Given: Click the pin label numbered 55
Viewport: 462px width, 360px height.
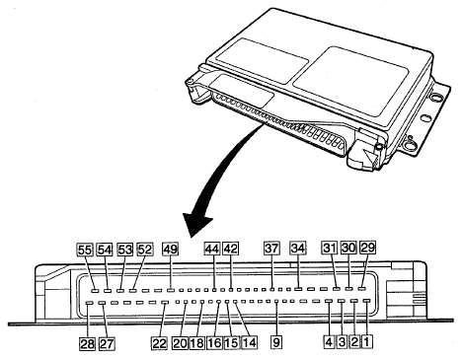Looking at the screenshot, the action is coord(85,250).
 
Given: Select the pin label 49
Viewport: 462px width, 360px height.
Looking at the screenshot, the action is coord(171,250).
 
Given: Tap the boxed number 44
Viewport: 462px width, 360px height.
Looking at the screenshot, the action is coord(212,249).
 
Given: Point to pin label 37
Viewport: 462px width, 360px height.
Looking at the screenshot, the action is coord(271,249).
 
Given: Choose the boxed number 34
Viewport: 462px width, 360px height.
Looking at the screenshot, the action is coord(297,249).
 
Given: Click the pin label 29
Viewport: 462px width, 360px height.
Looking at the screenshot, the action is coord(368,248).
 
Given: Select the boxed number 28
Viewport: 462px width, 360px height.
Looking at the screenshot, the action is coord(87,344).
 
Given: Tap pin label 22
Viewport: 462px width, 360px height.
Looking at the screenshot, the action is coord(159,343).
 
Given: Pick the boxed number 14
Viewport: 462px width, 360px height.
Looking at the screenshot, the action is coord(249,343).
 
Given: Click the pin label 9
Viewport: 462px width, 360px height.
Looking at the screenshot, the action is coord(276,342).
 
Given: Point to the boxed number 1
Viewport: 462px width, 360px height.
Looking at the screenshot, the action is coord(367,342).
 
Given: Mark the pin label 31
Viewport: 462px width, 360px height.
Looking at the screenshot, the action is coord(330,248).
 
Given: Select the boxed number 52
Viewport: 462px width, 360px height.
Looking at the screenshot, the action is coord(145,250).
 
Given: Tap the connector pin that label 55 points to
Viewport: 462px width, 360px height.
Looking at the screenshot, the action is coord(95,291).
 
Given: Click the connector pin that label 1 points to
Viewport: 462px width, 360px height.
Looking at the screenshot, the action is coord(367,301).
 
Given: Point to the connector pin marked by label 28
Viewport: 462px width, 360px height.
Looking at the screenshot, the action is coord(89,303).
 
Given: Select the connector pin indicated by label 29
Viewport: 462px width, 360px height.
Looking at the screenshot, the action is coord(362,289).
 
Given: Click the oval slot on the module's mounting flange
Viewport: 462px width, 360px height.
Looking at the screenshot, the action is coord(425,117).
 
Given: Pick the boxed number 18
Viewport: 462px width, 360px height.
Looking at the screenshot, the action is coord(196,343).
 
